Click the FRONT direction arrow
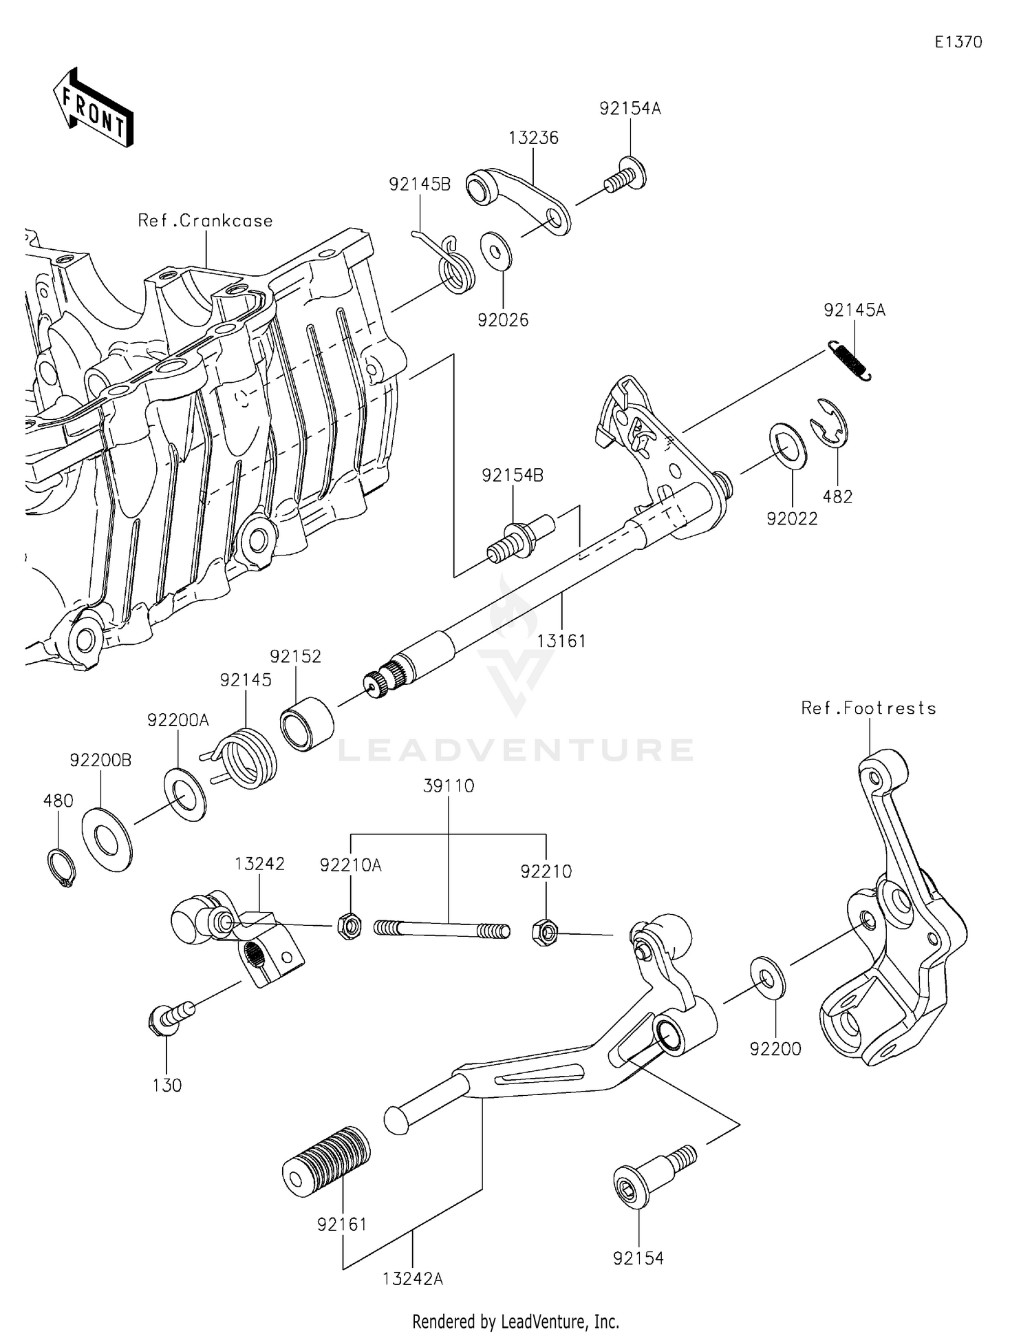pos(93,109)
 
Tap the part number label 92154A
pos(630,109)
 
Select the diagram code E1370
pos(958,42)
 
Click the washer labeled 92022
pos(788,447)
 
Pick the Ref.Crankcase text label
pos(205,221)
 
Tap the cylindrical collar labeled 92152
pos(307,724)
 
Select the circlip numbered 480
pos(61,869)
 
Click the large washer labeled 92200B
pos(107,840)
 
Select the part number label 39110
pos(449,786)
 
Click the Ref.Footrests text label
pos(868,708)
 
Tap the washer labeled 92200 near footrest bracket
pos(767,976)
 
